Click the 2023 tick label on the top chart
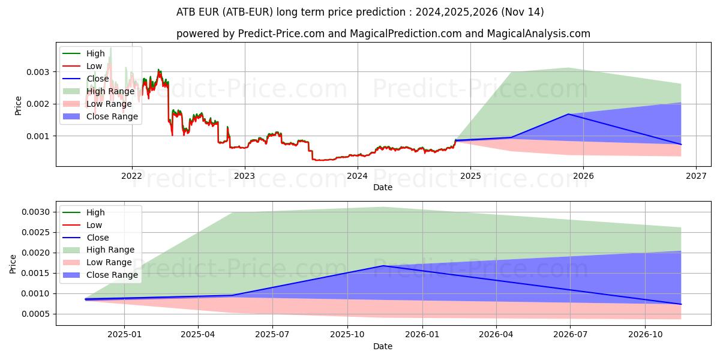tap(244, 176)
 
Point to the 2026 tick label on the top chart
tap(583, 176)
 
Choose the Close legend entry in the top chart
tap(98, 79)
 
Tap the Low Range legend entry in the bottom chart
tap(110, 262)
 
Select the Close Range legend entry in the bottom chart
tap(112, 275)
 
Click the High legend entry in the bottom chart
tap(95, 212)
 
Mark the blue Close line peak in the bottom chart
tap(383, 266)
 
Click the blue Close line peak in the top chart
tap(568, 114)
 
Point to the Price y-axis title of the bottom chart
tap(13, 263)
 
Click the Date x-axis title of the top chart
tap(383, 187)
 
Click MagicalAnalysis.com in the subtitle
tap(538, 34)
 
